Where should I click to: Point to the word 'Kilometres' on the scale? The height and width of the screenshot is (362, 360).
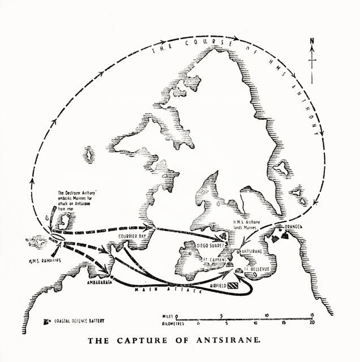pyautogui.click(x=157, y=324)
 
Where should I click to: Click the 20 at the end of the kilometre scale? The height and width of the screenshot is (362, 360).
pyautogui.click(x=312, y=324)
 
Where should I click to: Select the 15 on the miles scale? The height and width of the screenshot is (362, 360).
pyautogui.click(x=312, y=315)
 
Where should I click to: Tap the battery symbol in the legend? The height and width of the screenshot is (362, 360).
pyautogui.click(x=46, y=321)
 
